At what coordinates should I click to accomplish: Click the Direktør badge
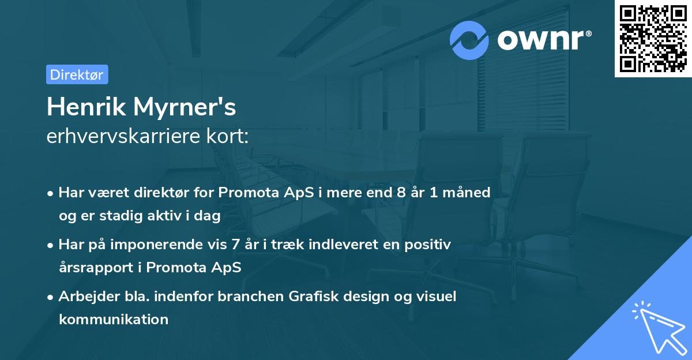(x=77, y=74)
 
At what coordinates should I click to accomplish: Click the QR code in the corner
(x=653, y=39)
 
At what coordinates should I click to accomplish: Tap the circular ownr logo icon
(x=469, y=40)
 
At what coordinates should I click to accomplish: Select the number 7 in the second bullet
(x=235, y=244)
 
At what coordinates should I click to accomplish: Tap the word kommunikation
(x=114, y=319)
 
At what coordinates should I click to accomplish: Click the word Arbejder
(x=84, y=297)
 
